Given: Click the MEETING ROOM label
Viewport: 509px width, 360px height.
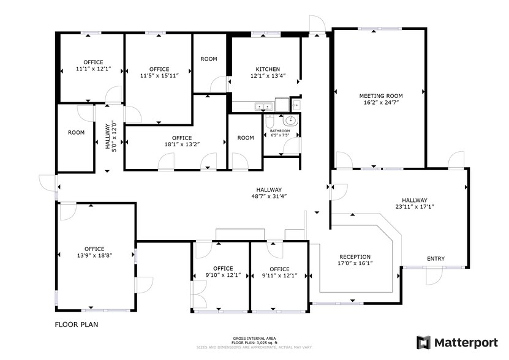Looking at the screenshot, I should (x=380, y=96).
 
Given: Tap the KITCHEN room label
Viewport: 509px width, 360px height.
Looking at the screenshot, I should (x=268, y=69).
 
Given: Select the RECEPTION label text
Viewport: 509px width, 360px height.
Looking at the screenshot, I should (x=355, y=257).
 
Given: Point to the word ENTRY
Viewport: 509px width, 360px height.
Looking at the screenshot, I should (x=435, y=258).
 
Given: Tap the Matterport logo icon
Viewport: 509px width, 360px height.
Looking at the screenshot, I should (x=423, y=342).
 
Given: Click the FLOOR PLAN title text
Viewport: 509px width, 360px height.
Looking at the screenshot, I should (x=77, y=325).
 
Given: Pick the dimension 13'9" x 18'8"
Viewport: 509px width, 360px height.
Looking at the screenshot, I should (x=94, y=255).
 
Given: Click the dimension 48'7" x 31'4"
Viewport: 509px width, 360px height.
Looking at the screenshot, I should (x=269, y=197).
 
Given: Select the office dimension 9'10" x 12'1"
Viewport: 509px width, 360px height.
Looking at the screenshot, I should (x=223, y=276).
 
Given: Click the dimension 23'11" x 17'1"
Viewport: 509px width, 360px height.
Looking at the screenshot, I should (x=415, y=207).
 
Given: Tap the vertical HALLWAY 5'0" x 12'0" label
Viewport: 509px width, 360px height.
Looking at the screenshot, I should (x=110, y=138).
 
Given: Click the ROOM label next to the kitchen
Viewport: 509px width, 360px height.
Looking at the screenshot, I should (x=209, y=59).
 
